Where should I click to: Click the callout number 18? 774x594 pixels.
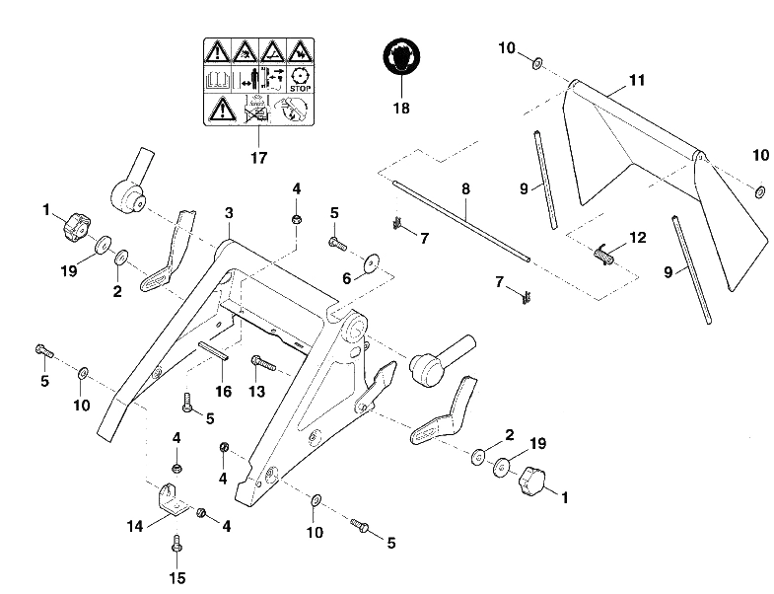[x=401, y=109]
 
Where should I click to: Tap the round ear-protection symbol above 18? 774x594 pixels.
[x=402, y=56]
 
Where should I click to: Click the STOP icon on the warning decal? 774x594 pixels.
[x=300, y=80]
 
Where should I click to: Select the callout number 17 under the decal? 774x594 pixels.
[x=258, y=158]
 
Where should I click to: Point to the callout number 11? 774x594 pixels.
[x=637, y=80]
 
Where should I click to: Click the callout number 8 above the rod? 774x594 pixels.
[x=465, y=188]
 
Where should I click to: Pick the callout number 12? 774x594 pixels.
[x=638, y=238]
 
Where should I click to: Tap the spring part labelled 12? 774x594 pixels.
[x=603, y=254]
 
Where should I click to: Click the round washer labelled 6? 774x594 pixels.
[x=372, y=262]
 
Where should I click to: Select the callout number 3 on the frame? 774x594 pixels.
[x=229, y=213]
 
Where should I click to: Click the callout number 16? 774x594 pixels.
[x=223, y=392]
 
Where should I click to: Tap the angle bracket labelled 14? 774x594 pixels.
[x=171, y=500]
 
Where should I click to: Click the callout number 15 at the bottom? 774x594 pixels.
[x=176, y=577]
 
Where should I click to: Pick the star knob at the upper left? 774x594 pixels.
[x=76, y=226]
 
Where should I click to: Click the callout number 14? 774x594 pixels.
[x=135, y=526]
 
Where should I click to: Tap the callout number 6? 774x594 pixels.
[x=346, y=278]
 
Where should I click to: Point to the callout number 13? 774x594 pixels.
[x=256, y=392]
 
